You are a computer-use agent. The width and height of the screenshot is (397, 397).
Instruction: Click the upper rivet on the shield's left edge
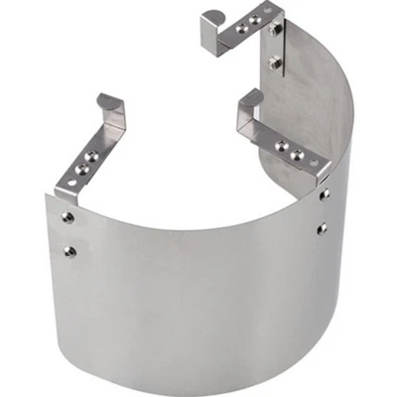coord(66,216)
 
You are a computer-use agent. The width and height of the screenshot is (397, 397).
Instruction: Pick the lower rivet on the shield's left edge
coord(68,250)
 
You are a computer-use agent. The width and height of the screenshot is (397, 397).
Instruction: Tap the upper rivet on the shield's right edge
coord(324,197)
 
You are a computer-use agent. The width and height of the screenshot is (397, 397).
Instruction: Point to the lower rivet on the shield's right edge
coord(323,229)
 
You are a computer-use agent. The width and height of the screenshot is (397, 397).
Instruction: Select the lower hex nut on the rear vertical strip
coord(277,62)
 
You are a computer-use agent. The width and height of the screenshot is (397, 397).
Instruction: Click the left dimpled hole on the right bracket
coord(281,146)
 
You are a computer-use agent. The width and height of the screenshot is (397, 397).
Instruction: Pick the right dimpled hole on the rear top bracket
coord(255,18)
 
